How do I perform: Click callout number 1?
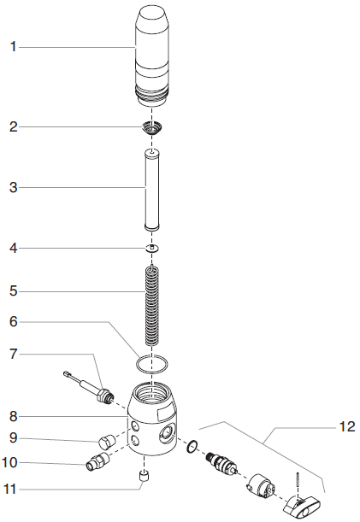[x=13, y=47]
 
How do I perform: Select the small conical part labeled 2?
[x=152, y=129]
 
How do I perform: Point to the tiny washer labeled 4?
[x=152, y=248]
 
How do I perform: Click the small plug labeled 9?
[x=108, y=442]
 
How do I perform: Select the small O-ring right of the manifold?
[x=192, y=445]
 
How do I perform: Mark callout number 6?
[x=13, y=322]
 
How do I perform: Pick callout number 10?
[x=13, y=463]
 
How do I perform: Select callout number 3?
[x=13, y=187]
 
